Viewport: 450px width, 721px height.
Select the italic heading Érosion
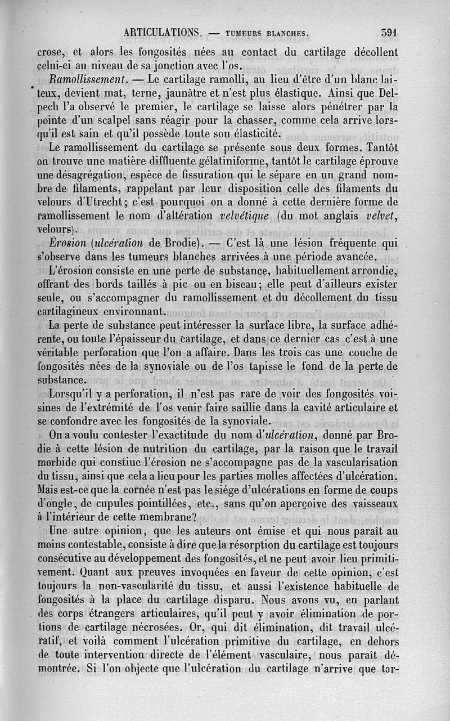coord(67,243)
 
